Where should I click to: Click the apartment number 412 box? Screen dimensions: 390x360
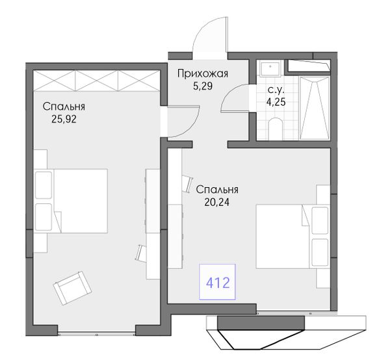pos(217,282)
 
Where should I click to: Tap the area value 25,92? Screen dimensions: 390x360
pos(64,120)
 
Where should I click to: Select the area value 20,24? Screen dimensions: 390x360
pos(217,202)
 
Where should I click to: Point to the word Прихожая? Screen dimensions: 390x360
pos(203,74)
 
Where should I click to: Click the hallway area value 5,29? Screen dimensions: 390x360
pos(203,86)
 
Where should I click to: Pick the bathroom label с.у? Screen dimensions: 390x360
pos(276,90)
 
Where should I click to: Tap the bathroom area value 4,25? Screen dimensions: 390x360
pos(276,102)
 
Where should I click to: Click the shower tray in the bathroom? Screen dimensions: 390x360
pos(315,108)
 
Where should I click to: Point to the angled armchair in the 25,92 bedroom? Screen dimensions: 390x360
pos(72,288)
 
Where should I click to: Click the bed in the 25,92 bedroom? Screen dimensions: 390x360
pos(71,201)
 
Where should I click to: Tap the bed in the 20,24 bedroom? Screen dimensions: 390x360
pos(293,237)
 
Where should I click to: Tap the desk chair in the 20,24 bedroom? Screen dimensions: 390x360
pos(187,183)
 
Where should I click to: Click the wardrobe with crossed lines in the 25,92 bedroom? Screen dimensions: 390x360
pos(96,81)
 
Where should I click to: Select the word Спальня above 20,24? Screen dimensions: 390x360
pos(217,190)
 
